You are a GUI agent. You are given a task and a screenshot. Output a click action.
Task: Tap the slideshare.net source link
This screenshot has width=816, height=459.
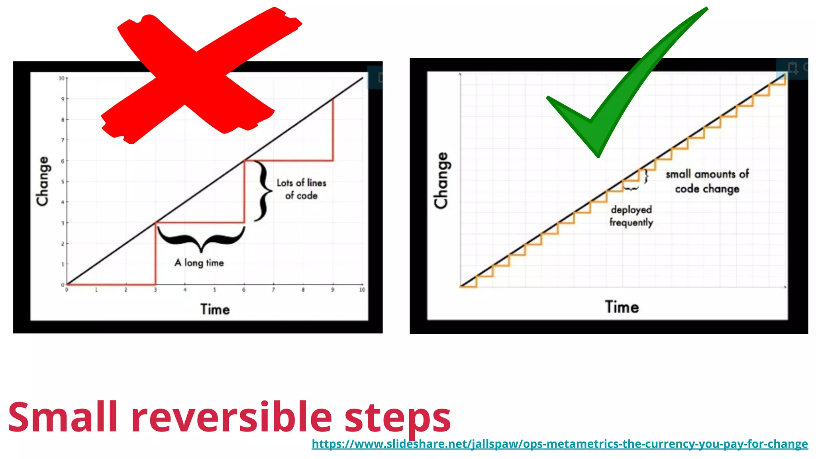(559, 444)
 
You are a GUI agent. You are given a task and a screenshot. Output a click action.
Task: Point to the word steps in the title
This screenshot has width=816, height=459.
(397, 418)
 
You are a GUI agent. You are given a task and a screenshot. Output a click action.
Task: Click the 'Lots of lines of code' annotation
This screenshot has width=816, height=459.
(302, 189)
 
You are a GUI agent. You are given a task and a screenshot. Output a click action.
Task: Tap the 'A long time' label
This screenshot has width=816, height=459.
(199, 263)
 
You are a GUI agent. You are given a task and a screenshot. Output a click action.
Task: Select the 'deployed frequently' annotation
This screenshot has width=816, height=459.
(631, 216)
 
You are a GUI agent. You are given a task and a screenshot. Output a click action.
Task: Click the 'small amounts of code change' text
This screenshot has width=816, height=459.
(707, 181)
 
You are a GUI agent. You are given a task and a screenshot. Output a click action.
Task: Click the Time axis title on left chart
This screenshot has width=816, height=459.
(215, 310)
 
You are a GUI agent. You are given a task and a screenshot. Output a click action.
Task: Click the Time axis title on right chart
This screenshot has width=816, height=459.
(622, 307)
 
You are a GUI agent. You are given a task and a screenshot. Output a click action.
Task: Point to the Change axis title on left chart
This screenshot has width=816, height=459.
(43, 181)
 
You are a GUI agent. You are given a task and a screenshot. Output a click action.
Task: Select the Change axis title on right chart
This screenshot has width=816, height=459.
(441, 180)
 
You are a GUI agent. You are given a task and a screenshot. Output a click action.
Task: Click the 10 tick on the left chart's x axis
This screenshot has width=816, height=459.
(362, 290)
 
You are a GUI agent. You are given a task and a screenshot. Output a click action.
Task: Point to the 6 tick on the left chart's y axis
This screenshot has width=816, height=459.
(63, 161)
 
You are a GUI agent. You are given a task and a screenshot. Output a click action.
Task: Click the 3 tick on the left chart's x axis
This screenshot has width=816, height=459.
(155, 290)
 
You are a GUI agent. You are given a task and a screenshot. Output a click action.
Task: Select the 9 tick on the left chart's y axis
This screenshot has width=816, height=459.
(63, 99)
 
